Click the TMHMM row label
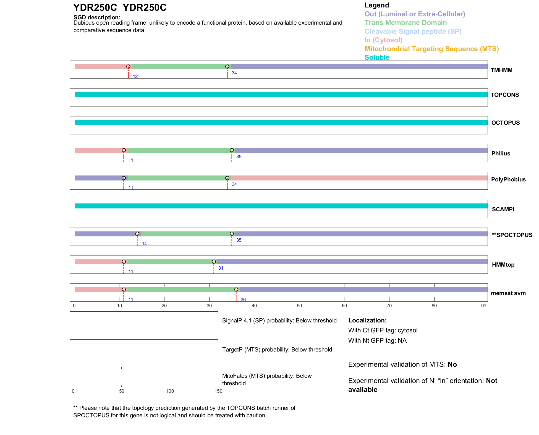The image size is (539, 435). [501, 70]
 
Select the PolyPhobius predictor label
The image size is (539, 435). [508, 179]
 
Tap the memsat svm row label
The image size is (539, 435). [508, 293]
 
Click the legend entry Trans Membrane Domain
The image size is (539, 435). [405, 23]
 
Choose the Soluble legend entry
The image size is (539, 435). [377, 58]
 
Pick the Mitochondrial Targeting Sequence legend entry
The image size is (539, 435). [431, 49]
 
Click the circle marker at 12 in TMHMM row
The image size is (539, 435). [128, 67]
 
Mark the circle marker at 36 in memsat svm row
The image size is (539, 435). [236, 290]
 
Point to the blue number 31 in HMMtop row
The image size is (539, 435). [221, 268]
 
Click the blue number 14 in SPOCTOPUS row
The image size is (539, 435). [144, 244]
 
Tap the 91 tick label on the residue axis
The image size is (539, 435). [483, 306]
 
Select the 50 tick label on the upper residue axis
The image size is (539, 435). [299, 306]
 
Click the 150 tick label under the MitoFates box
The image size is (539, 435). [218, 391]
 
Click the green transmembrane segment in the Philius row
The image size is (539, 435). [180, 150]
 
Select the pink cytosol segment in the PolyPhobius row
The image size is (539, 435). [359, 178]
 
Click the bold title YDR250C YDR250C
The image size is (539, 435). [120, 8]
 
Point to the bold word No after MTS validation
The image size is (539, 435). [452, 364]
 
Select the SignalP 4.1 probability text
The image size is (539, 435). [279, 321]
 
